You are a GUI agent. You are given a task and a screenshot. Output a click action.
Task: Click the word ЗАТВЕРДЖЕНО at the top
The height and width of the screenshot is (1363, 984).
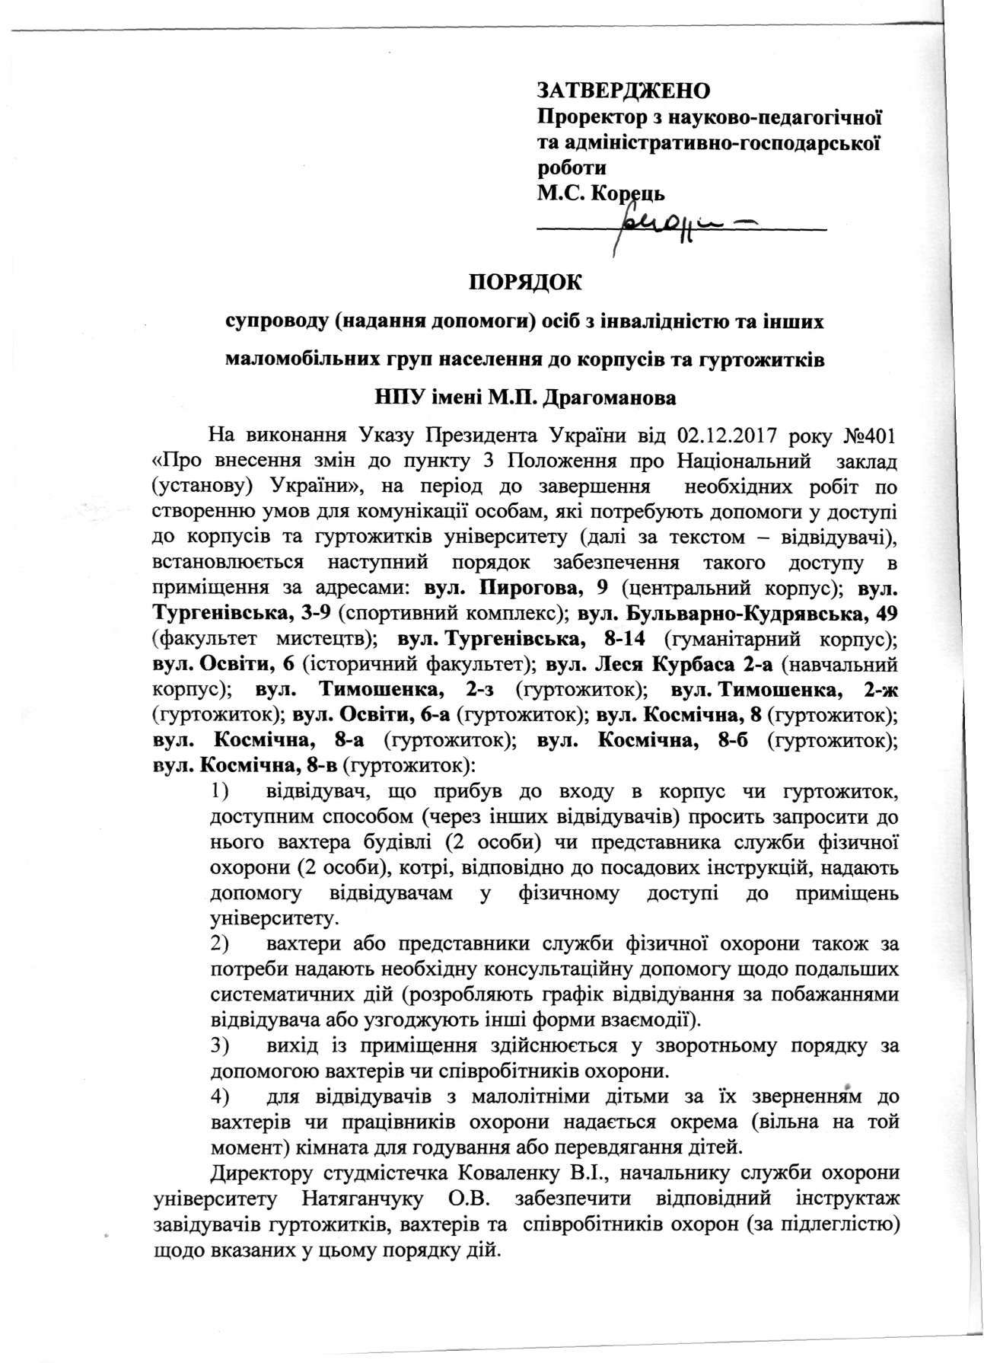pos(623,91)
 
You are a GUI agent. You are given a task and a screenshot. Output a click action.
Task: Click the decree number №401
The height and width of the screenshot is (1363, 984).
pos(868,437)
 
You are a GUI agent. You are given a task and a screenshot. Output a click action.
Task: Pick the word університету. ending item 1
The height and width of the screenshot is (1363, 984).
pos(273,918)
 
